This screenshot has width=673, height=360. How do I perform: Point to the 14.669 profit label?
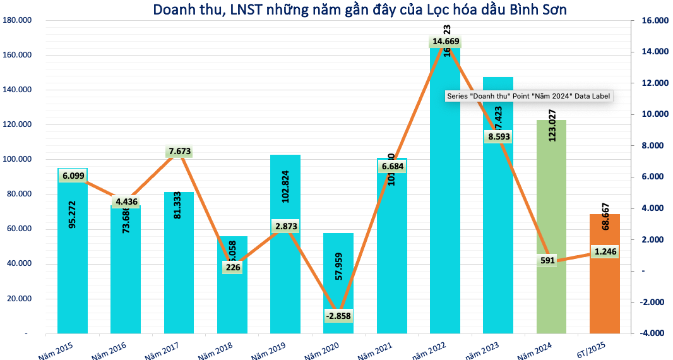[x=446, y=42]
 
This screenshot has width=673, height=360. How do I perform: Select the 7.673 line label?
[x=180, y=152]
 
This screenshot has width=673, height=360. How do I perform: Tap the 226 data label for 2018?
[x=232, y=267]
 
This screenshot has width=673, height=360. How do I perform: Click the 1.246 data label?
[x=605, y=251]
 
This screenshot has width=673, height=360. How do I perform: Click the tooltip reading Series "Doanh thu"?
[x=529, y=96]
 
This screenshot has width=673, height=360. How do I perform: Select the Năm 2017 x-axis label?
[x=160, y=347]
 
